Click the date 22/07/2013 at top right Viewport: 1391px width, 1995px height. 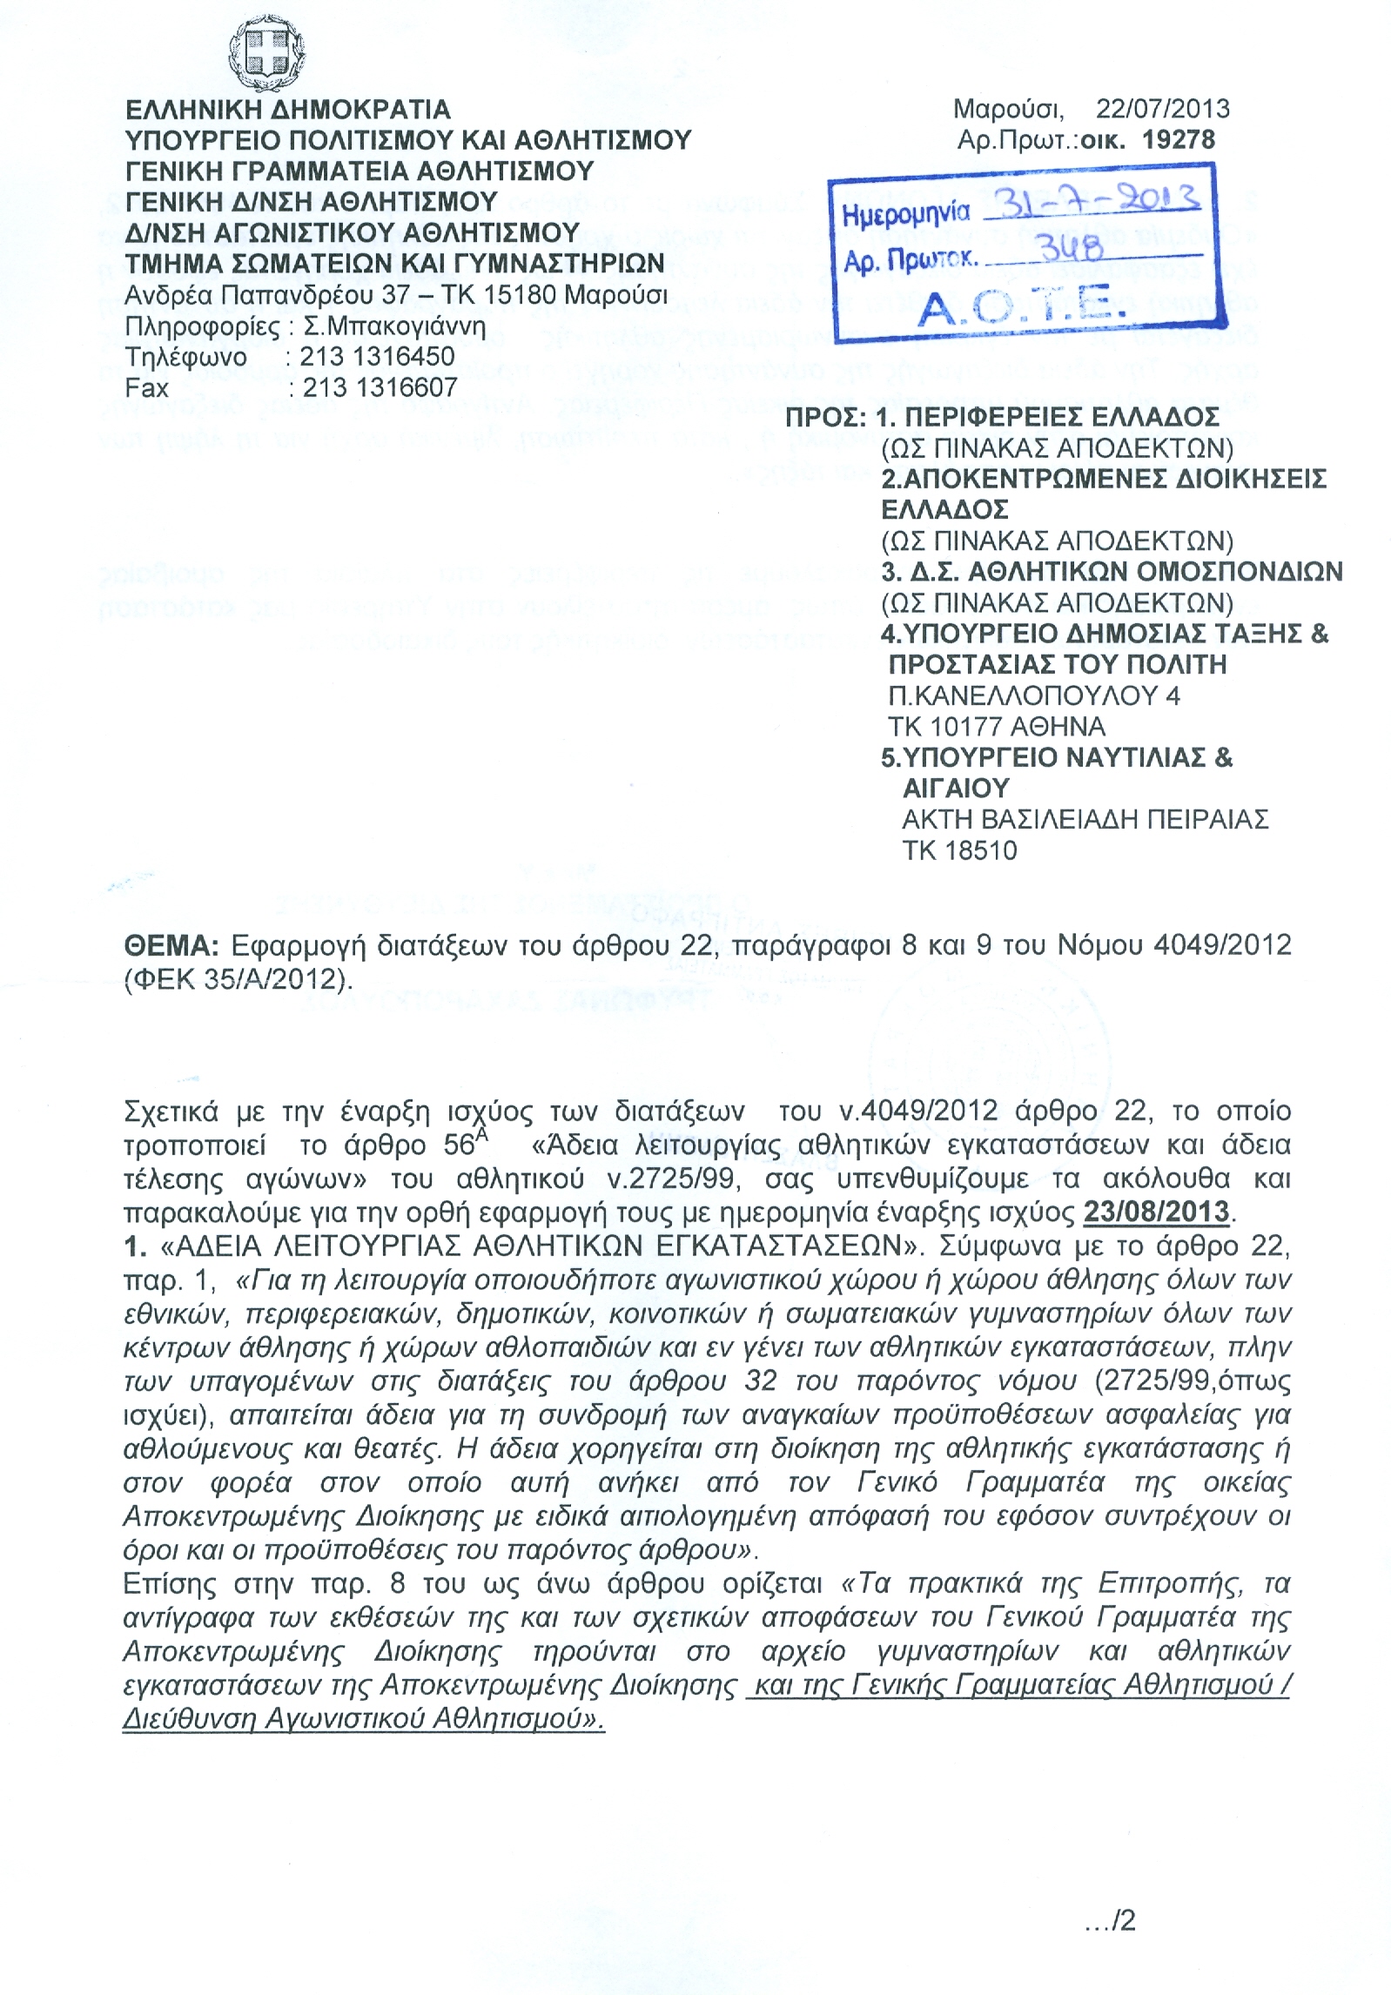1162,109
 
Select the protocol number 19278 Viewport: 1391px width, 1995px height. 1179,140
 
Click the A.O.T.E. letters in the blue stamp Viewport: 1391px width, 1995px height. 1011,306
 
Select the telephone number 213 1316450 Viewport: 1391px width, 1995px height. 377,357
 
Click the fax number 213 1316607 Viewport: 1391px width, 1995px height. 380,387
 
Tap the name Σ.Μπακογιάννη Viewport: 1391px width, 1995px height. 393,326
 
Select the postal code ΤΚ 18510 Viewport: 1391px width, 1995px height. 959,850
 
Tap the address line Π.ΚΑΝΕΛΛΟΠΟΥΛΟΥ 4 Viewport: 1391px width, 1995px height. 1033,696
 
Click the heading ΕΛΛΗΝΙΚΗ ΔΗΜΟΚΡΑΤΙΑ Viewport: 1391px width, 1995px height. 288,110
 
